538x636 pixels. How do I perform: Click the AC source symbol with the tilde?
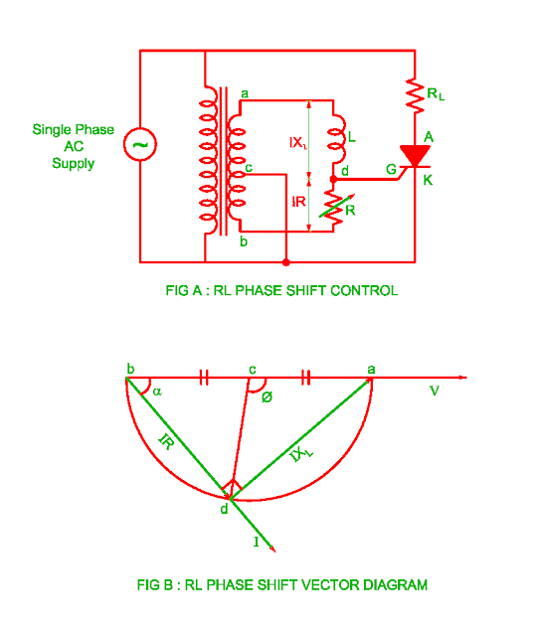coord(140,145)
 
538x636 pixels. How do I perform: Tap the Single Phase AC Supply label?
coord(73,146)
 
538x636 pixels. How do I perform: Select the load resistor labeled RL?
coord(413,96)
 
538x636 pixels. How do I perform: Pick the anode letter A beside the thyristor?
coord(429,136)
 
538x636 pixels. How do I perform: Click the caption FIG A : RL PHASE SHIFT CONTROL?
coord(281,291)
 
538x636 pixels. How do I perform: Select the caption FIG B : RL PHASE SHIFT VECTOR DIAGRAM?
coord(281,585)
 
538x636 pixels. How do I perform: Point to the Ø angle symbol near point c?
coord(267,397)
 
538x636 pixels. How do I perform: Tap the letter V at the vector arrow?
coord(434,391)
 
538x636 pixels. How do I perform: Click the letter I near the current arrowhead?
coord(257,543)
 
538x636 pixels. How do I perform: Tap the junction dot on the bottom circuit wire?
coord(286,262)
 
